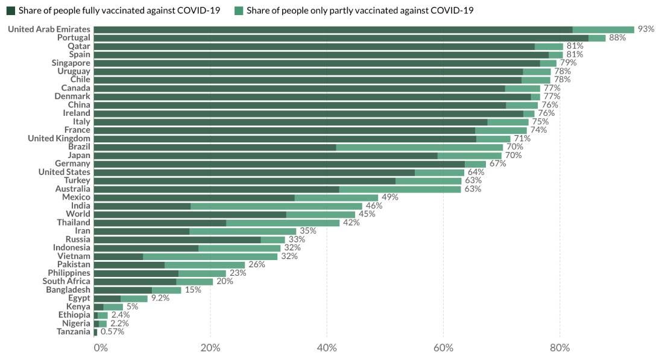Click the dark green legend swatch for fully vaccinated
click(10, 10)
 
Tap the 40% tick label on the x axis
click(326, 348)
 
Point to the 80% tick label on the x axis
click(559, 348)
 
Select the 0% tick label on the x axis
click(101, 348)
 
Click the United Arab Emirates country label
click(49, 29)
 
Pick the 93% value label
click(646, 29)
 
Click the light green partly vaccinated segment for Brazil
click(419, 147)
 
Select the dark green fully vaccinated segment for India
click(142, 206)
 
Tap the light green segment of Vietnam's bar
click(210, 256)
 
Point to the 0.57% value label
click(113, 332)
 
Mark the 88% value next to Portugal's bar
click(617, 37)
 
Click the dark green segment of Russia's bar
click(177, 240)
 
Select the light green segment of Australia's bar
click(400, 189)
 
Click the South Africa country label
click(66, 281)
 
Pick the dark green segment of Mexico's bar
click(194, 197)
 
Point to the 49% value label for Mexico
click(390, 197)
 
